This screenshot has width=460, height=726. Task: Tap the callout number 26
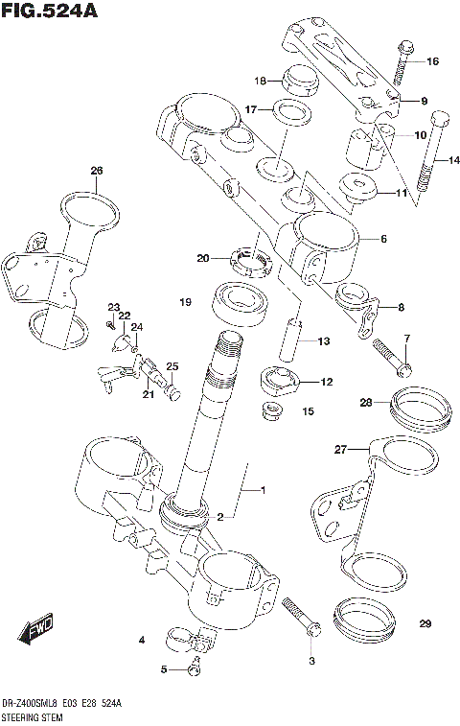tap(96, 172)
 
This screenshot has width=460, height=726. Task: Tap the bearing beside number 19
tap(241, 304)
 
